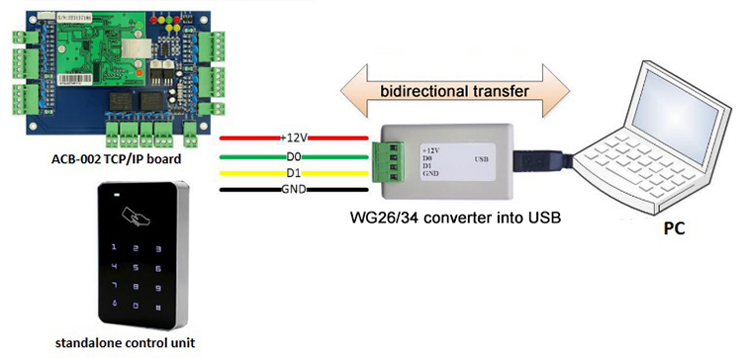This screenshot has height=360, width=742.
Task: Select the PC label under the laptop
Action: [675, 228]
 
